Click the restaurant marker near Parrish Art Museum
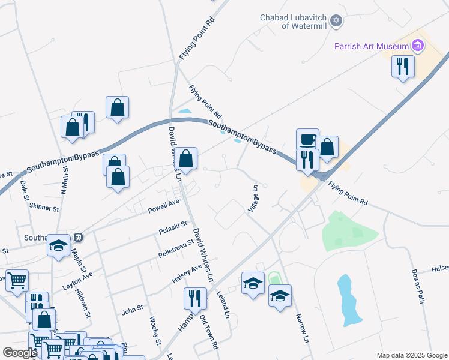click(403, 66)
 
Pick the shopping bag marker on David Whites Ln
click(187, 160)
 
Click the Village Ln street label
click(253, 198)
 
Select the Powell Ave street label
click(164, 207)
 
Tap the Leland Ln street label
click(225, 305)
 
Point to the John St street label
click(133, 310)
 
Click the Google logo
click(20, 353)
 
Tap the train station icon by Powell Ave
click(78, 236)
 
